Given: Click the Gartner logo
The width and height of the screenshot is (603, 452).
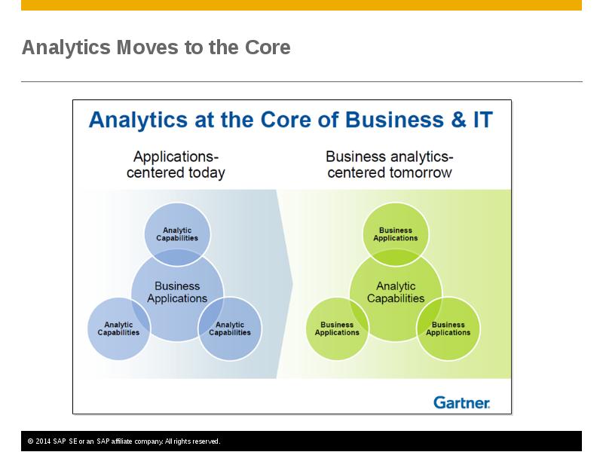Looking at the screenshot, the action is tap(461, 402).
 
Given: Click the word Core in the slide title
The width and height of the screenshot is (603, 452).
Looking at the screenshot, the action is tap(268, 47).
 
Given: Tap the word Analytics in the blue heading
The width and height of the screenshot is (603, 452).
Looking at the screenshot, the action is tap(138, 120).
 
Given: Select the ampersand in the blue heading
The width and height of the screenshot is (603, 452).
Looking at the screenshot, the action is tap(458, 120).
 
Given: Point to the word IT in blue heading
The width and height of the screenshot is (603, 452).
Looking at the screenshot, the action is tap(483, 120).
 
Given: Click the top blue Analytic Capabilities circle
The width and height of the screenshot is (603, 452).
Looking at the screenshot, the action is tap(177, 234).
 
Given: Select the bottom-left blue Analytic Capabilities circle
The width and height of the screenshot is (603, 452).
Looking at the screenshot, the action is tap(118, 328).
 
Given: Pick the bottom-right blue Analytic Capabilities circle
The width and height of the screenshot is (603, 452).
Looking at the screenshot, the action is tap(230, 328).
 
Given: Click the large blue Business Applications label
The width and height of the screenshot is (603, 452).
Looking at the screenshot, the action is tap(177, 292).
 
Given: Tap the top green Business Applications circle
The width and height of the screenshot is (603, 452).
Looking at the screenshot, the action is tap(396, 234).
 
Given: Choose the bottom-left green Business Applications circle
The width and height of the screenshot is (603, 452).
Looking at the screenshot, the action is tap(337, 328).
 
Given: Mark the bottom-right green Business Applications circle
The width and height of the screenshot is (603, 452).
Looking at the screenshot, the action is tap(448, 328).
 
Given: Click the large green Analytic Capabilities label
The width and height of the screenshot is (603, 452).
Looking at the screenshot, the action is tap(396, 292).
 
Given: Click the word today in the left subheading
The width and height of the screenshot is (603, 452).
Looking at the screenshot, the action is tap(207, 173).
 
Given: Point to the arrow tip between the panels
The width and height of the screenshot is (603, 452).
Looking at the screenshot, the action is tap(292, 284).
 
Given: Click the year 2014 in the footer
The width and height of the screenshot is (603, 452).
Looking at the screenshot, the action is tap(43, 441).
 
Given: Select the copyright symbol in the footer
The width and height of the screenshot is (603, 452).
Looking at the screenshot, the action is tap(30, 441).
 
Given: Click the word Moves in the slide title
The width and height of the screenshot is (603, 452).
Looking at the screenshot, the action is tap(147, 47).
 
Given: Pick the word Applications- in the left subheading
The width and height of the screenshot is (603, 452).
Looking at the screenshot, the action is tap(176, 157).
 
